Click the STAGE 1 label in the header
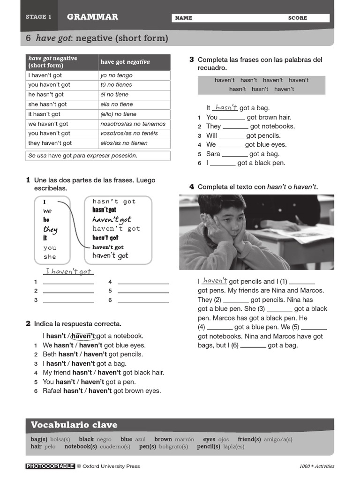point(38,17)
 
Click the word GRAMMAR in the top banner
point(92,17)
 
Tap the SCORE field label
point(297,18)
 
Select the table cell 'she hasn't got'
point(47,105)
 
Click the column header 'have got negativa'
point(125,62)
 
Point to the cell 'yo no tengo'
point(116,75)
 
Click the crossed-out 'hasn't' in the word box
point(237,89)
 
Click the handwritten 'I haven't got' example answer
point(68,271)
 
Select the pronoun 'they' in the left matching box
point(50,229)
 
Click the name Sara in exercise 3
point(213,154)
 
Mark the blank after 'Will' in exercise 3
point(232,136)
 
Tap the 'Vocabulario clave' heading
point(74,425)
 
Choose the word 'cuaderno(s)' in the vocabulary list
point(115,447)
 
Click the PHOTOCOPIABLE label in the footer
point(50,466)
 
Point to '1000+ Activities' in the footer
point(317,466)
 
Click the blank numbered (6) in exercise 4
point(253,346)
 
